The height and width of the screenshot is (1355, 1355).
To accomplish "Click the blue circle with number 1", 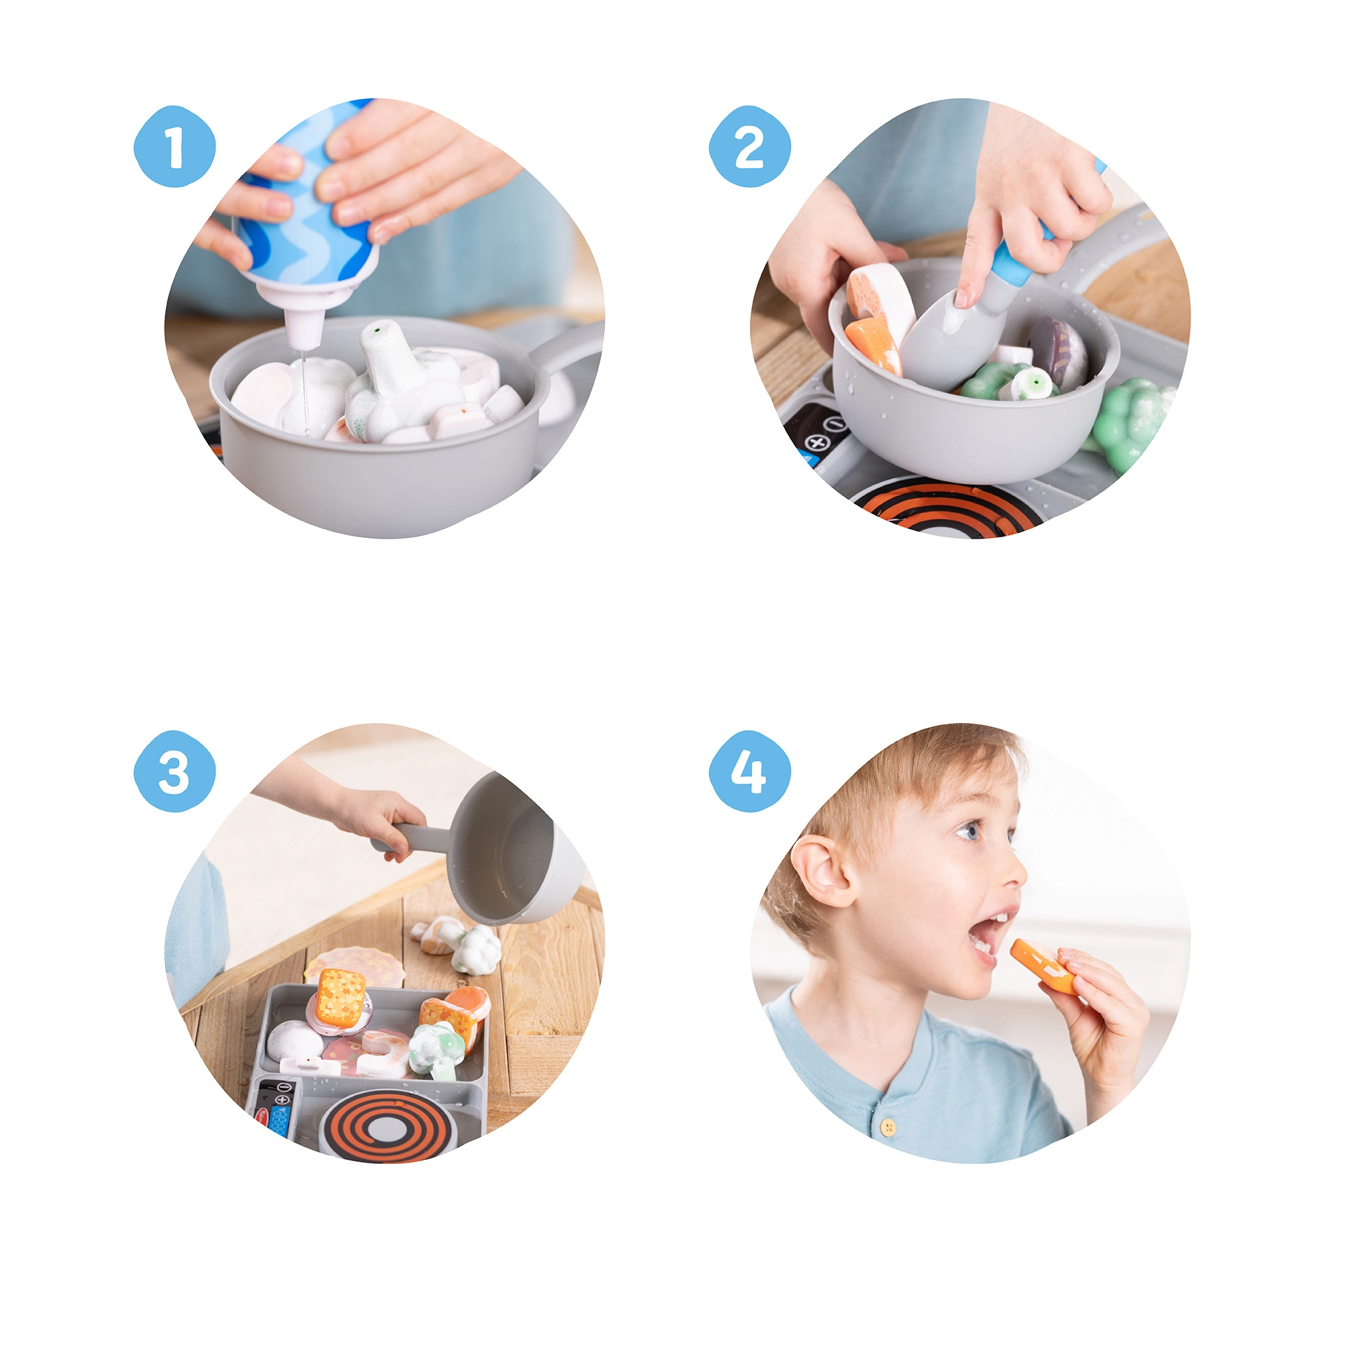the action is coord(175,146).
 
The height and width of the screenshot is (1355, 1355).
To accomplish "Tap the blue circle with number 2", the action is coord(749,146).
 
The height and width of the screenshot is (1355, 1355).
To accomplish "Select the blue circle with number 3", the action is coord(175,771).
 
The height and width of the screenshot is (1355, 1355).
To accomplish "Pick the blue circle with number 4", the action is coord(749,771).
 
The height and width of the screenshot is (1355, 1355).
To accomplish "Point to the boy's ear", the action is coord(826,871).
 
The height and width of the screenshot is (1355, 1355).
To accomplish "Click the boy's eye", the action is coord(970,831).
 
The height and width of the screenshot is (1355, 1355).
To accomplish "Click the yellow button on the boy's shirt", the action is coord(890,1127).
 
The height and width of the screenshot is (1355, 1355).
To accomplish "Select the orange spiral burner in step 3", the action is coord(384,1125).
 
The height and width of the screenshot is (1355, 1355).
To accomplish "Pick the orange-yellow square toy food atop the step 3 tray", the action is coord(341,997).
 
